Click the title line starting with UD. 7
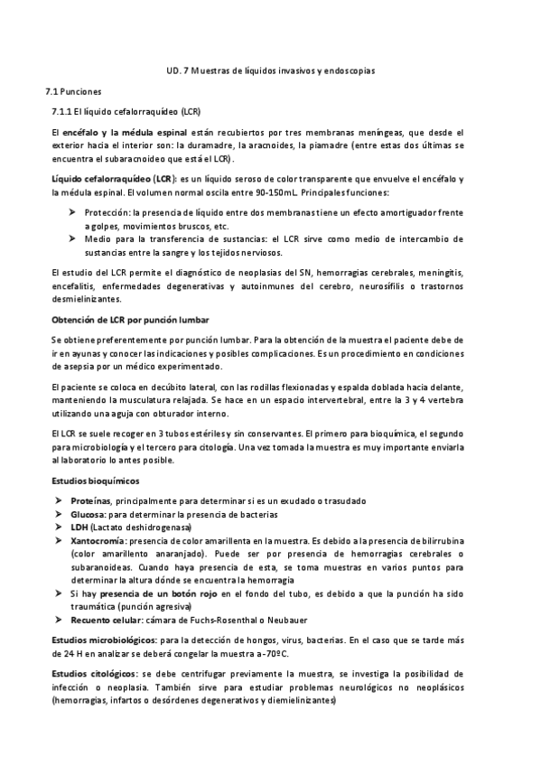[271, 70]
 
